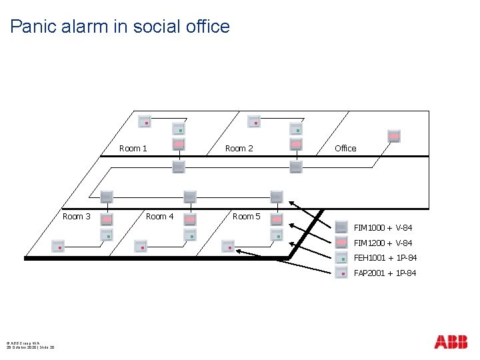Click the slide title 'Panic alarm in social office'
click(120, 27)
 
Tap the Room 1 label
click(133, 148)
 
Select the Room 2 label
click(239, 148)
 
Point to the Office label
click(345, 148)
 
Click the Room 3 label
click(77, 216)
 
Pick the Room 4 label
click(159, 216)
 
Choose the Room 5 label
click(246, 216)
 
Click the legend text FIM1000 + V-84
click(383, 228)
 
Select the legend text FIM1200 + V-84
click(383, 243)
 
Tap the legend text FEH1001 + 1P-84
click(385, 258)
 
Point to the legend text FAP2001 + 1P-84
click(385, 273)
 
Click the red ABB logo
click(451, 342)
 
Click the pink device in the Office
click(394, 136)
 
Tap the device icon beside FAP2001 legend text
click(341, 273)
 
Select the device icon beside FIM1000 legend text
click(341, 227)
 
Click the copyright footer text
click(31, 345)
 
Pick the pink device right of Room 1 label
click(179, 145)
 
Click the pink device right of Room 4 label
click(190, 219)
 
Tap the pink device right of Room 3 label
click(106, 219)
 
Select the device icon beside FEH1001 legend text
click(341, 258)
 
